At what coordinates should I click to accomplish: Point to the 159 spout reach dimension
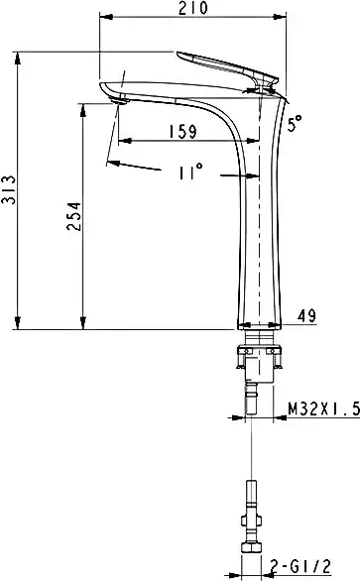coord(180,129)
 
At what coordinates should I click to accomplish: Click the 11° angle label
coord(191,173)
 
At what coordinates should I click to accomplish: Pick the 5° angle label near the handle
coord(295,124)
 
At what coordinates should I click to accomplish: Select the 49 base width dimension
coord(305,316)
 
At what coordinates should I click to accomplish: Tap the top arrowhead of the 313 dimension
coord(19,55)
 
